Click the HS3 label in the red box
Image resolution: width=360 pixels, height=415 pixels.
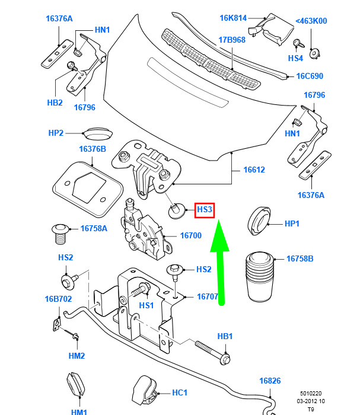pos(205,209)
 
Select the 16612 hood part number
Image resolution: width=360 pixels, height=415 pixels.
pos(254,170)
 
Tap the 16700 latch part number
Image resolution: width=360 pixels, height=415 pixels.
pos(190,235)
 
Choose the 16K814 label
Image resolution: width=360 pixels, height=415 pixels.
pos(233,18)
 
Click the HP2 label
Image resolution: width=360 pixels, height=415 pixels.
pos(56,133)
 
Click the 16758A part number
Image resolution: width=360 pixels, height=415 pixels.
pos(94,228)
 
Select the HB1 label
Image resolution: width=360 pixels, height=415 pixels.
pos(225,336)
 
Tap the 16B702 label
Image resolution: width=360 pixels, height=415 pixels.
pos(58,299)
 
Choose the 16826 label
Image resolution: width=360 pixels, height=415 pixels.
pos(269,381)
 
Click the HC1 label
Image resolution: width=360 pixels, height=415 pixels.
pos(179,392)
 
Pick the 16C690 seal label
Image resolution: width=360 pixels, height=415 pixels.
pos(310,76)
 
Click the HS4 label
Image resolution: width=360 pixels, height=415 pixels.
pos(295,58)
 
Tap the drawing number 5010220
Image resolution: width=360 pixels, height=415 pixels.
pos(311,393)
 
